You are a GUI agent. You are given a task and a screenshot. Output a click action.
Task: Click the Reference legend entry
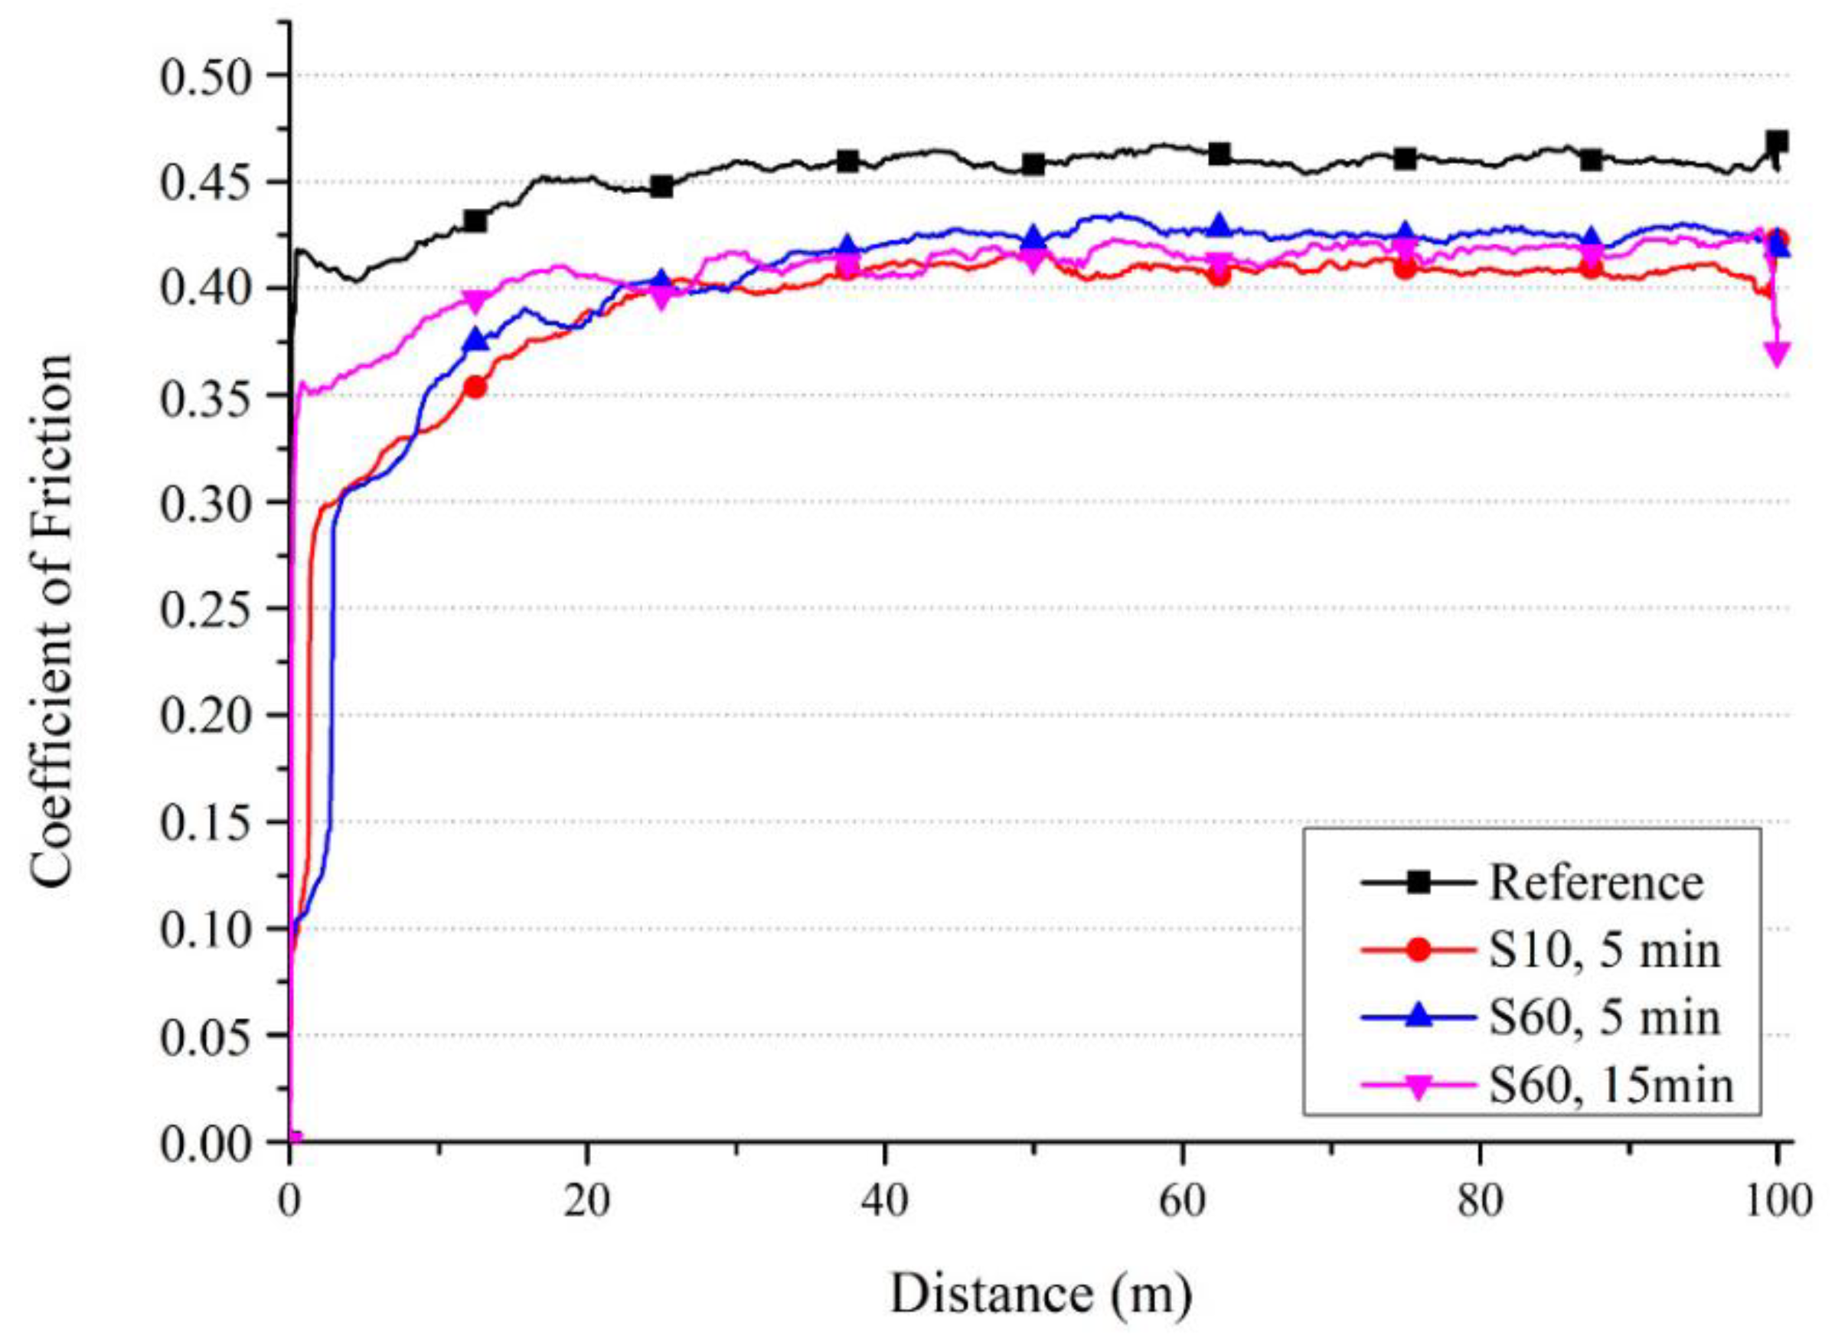pos(1596,883)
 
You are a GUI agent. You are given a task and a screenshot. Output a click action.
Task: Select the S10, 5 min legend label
pos(1605,950)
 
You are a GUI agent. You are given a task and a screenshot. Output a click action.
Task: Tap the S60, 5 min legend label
pos(1605,1018)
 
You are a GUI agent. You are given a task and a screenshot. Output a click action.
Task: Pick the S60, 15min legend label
pos(1611,1086)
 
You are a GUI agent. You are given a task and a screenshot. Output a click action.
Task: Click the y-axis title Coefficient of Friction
pos(53,621)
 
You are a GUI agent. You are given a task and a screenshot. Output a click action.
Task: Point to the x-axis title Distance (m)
pos(1040,1293)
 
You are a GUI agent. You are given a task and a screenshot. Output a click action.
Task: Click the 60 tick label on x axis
pos(1181,1201)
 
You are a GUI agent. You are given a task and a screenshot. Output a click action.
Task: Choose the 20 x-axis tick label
pos(586,1201)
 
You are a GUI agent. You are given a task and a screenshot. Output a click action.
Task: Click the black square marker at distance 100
pos(1776,142)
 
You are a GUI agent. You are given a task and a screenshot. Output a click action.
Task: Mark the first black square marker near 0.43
pos(476,220)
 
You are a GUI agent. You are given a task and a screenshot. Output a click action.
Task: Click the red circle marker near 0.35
pos(476,387)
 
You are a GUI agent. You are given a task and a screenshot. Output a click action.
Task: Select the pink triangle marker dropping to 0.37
pos(1776,354)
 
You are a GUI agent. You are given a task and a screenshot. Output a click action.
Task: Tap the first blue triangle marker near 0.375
pos(476,341)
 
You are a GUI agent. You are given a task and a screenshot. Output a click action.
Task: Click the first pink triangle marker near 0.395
pos(476,301)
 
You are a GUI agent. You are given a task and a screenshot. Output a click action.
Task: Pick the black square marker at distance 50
pos(1033,165)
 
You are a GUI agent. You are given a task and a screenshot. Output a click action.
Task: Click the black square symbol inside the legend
pos(1419,883)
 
